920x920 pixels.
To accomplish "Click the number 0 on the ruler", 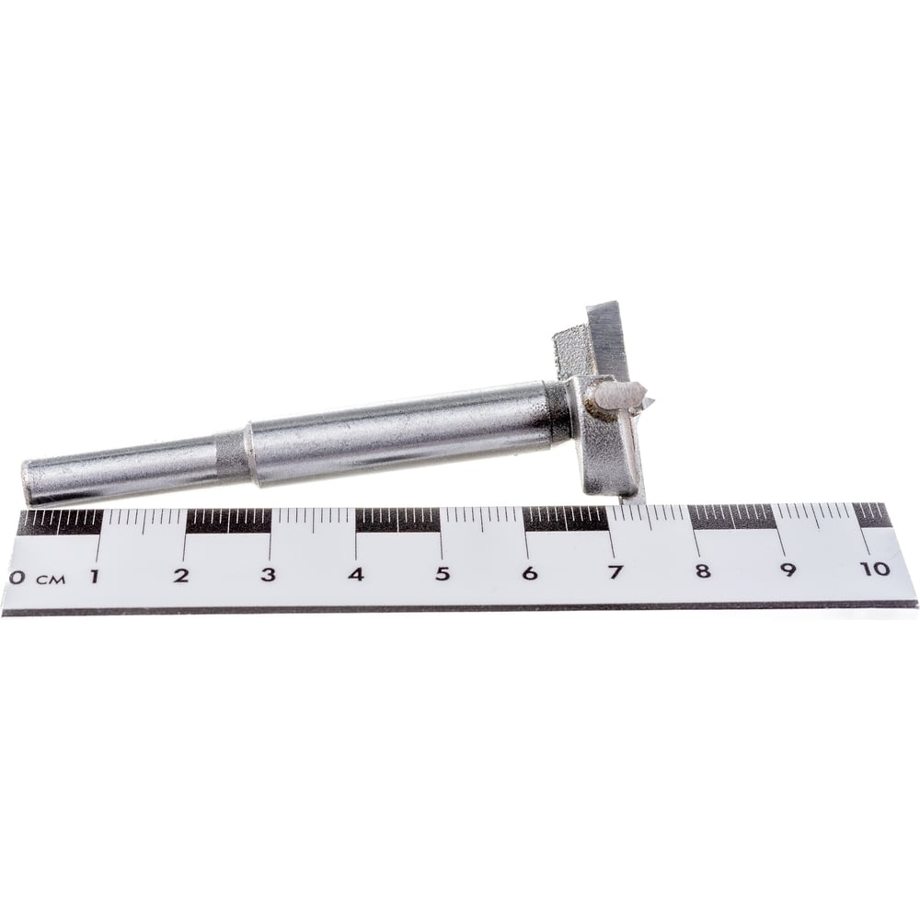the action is click(x=17, y=578).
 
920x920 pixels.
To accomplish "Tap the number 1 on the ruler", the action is click(x=94, y=576).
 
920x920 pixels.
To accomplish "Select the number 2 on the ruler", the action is click(x=181, y=575).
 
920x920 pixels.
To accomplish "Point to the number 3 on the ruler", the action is click(x=268, y=574).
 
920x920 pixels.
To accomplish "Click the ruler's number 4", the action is click(x=355, y=573).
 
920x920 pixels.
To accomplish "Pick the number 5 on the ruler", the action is click(x=443, y=572).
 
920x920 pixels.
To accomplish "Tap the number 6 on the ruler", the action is click(x=529, y=572).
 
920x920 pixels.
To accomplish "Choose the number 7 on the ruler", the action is click(x=615, y=571).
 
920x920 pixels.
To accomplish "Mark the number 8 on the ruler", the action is click(x=702, y=570).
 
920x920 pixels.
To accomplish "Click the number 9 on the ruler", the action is click(x=788, y=569).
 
